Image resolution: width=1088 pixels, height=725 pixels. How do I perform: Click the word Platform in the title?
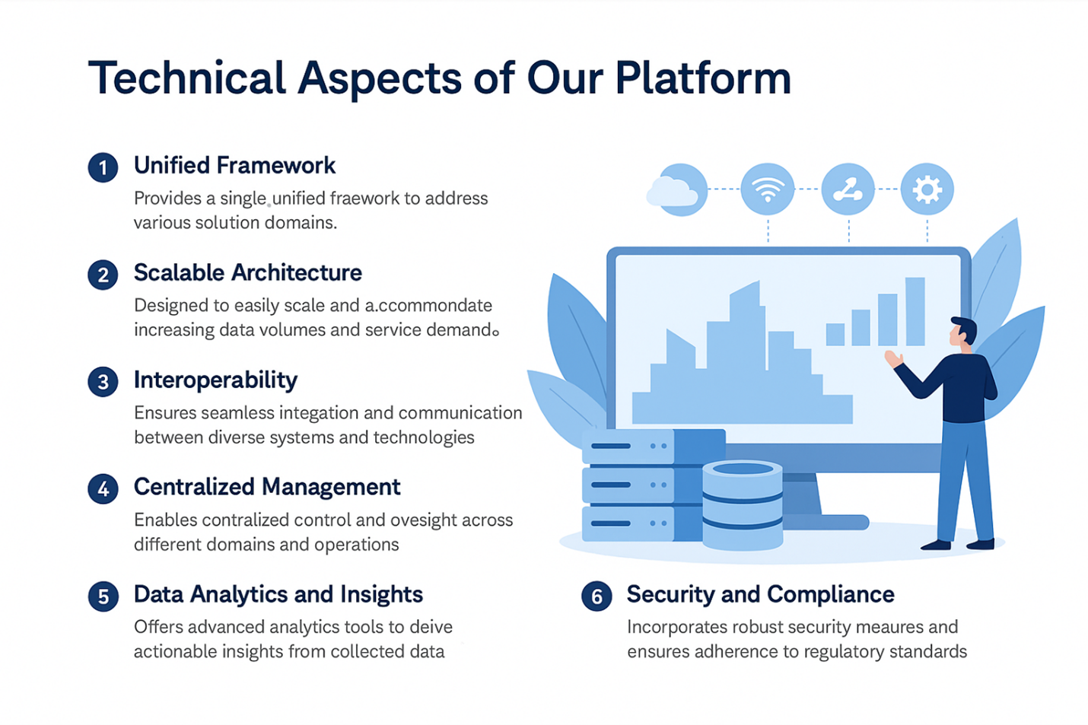click(x=703, y=78)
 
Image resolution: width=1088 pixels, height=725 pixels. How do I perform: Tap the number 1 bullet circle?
click(x=103, y=167)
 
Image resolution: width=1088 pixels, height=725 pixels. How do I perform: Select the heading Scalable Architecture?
click(x=247, y=272)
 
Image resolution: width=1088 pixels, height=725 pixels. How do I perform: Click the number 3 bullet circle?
click(x=103, y=382)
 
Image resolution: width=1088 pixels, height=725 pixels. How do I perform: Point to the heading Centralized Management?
click(x=266, y=487)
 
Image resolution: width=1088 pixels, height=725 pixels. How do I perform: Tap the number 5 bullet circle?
click(x=103, y=596)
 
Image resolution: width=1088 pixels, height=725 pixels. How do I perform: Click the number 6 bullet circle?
click(x=596, y=596)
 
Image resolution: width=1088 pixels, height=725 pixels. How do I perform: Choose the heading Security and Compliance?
click(x=760, y=594)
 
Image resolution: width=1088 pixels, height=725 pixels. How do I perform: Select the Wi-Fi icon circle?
click(x=768, y=189)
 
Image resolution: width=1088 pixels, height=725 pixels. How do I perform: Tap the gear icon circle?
click(x=927, y=189)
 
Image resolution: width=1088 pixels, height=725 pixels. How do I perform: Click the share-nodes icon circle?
click(x=848, y=189)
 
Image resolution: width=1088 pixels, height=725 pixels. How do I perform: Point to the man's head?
click(x=964, y=332)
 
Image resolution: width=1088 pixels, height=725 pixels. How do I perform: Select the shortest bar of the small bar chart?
click(x=835, y=334)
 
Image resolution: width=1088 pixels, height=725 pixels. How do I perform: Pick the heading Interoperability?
click(x=215, y=380)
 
